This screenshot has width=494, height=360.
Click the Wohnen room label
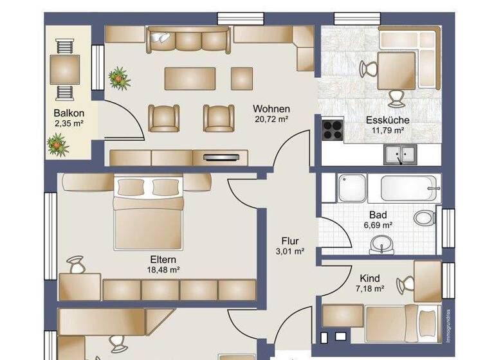click(x=271, y=109)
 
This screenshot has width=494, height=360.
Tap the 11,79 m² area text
click(x=387, y=130)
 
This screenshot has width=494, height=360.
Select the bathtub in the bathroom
click(x=410, y=188)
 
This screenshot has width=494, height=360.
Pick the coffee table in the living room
click(x=190, y=78)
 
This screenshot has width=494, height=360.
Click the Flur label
click(x=289, y=241)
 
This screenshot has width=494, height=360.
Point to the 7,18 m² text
click(x=369, y=289)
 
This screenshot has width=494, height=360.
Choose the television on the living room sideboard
click(x=224, y=156)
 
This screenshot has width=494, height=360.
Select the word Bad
click(x=378, y=215)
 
